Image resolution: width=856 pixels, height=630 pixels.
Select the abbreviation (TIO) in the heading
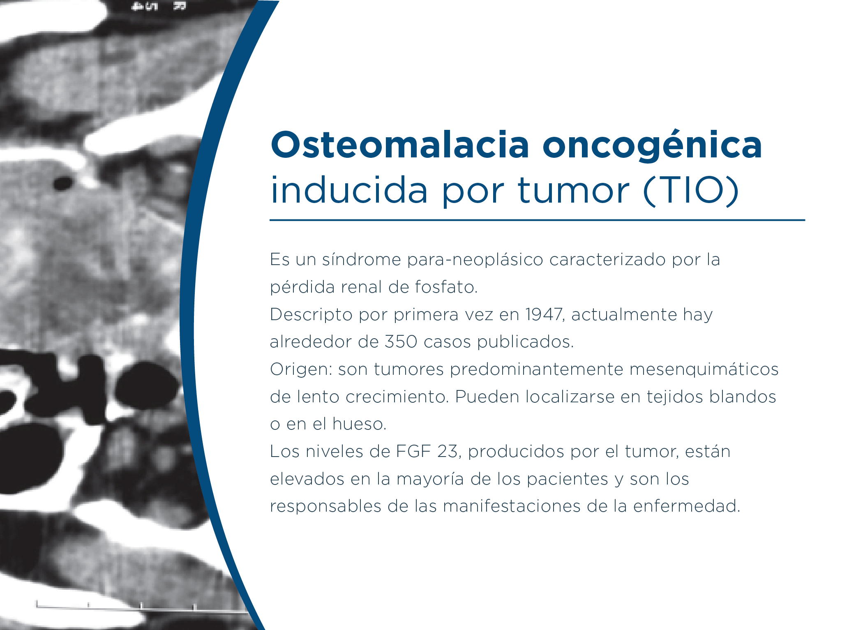(691, 190)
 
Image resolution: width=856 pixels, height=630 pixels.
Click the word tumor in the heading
(573, 190)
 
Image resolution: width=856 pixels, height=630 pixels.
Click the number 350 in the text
(401, 342)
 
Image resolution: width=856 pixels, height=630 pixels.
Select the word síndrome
(361, 260)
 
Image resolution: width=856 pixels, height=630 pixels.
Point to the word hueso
(360, 424)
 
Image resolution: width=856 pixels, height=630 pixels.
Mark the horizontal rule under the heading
(537, 220)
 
